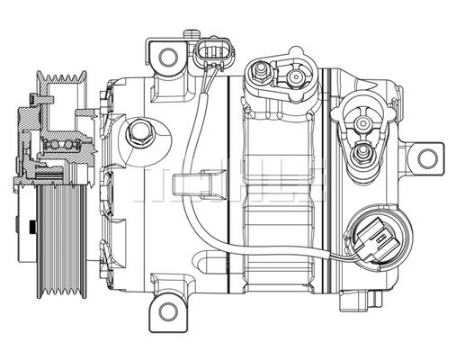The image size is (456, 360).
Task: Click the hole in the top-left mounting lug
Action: [168, 57]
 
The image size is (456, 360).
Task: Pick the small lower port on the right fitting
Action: [362, 153]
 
